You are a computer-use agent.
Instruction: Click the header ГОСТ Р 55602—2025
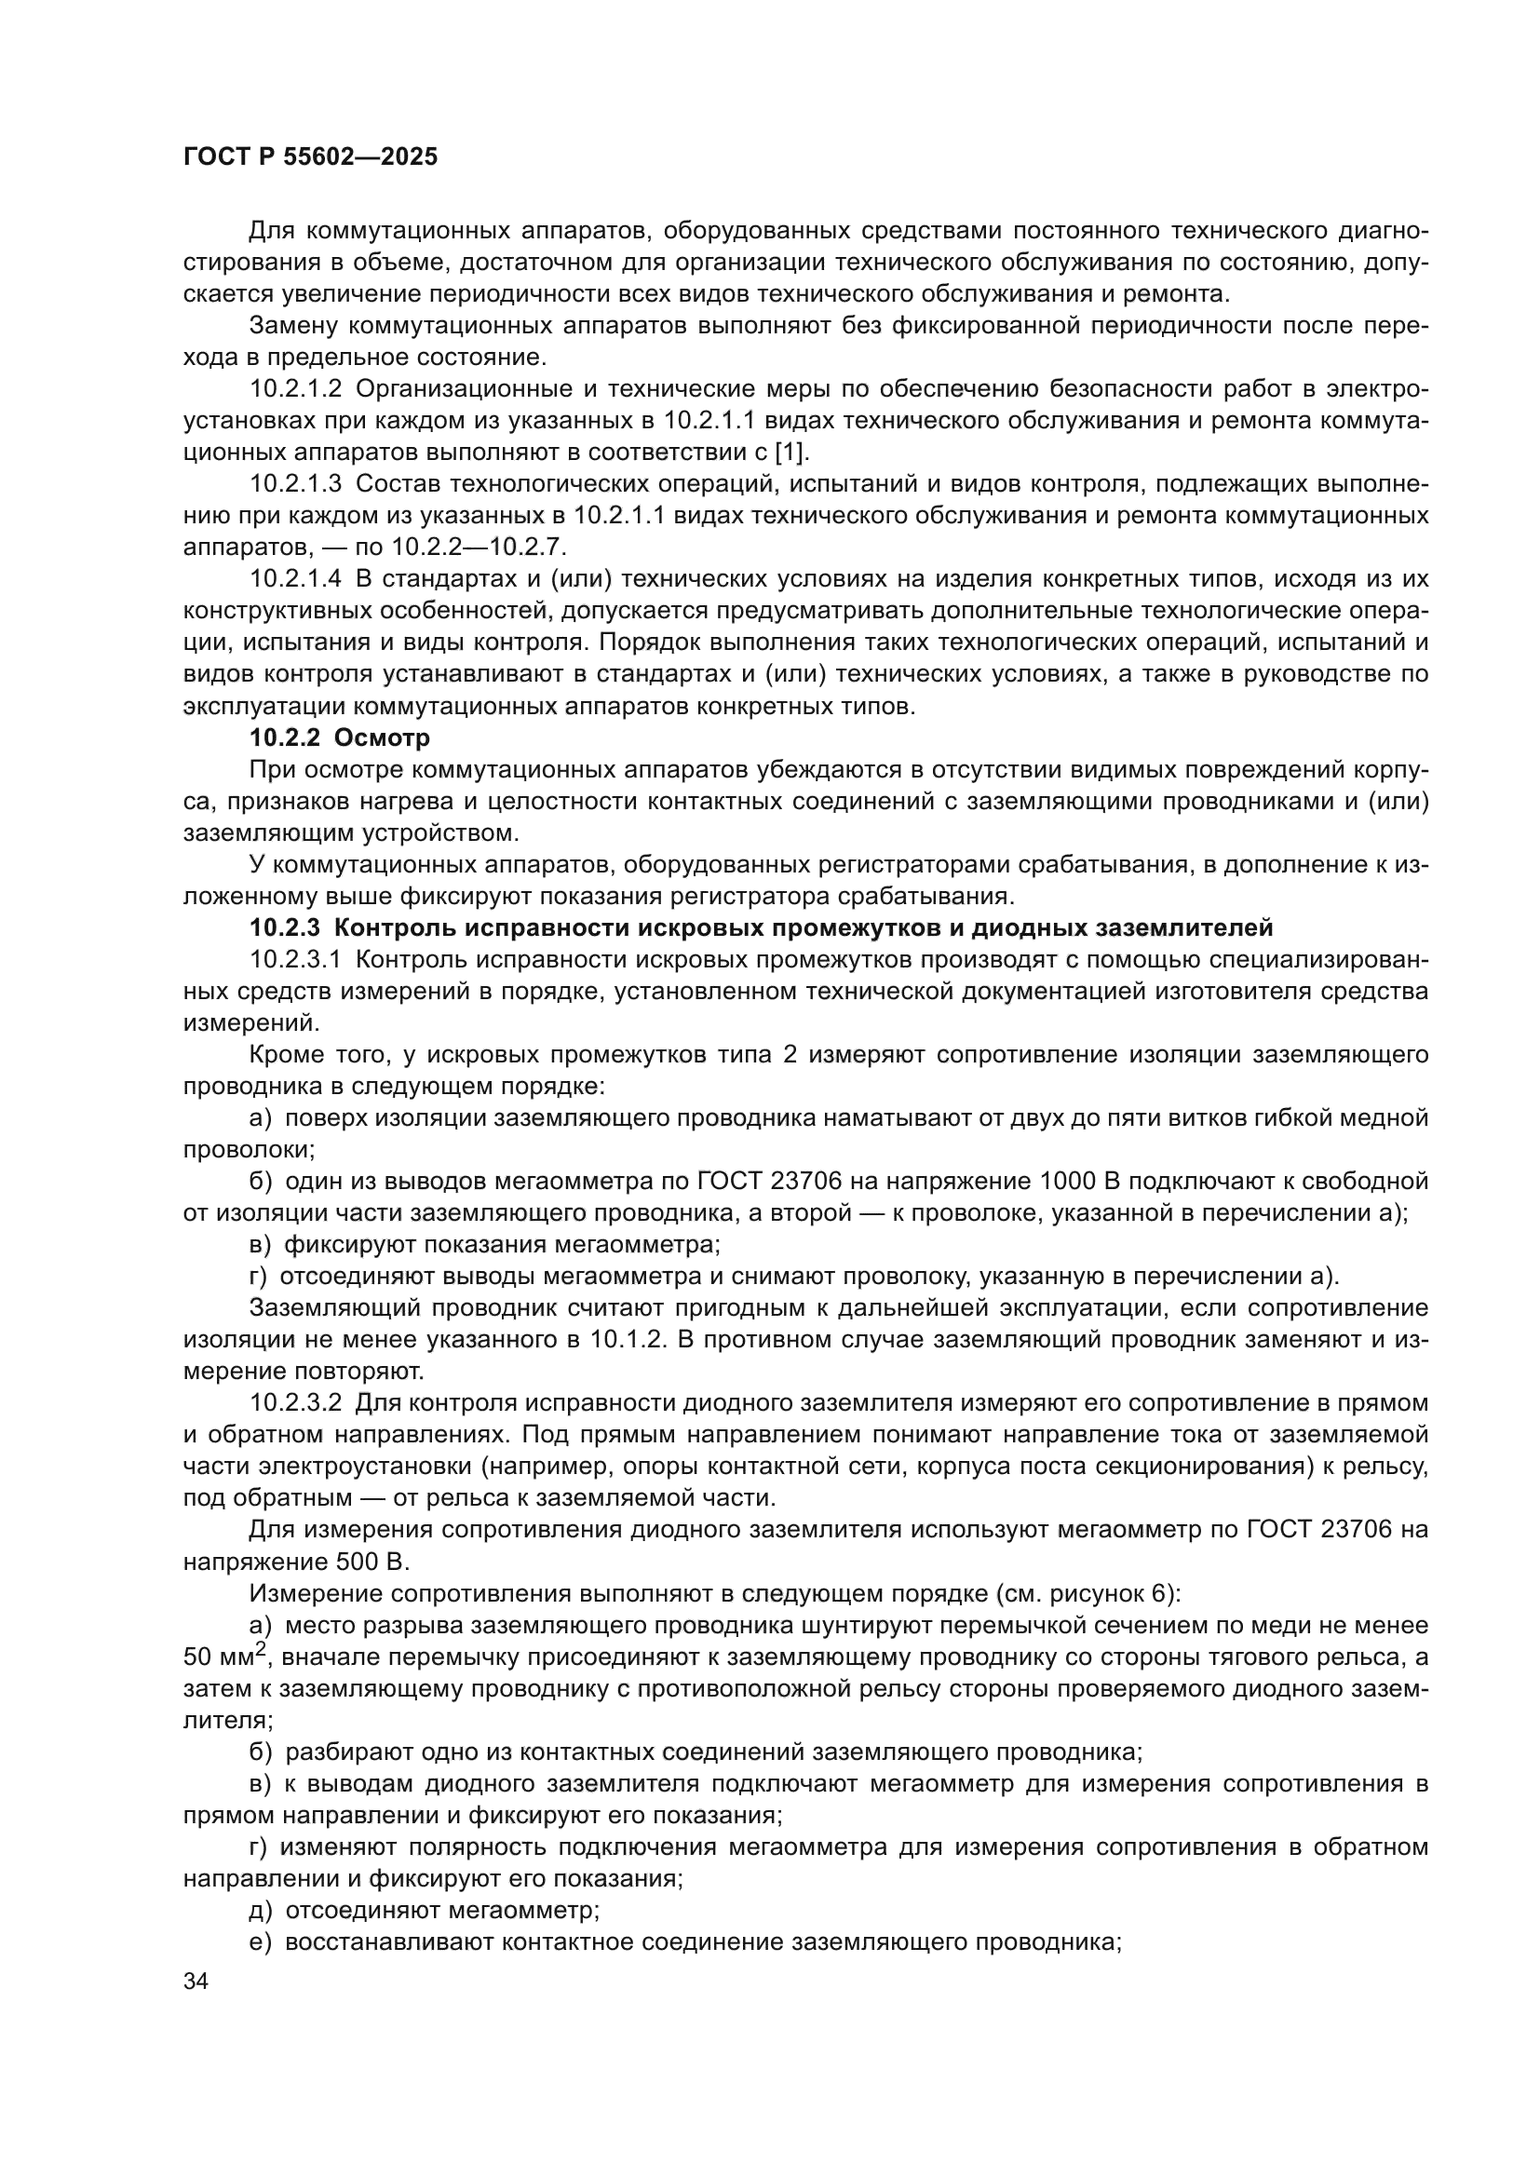click(310, 157)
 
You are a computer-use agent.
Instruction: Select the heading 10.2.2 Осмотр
click(340, 738)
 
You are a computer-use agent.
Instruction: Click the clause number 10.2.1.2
click(295, 389)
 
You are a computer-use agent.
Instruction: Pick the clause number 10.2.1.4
click(295, 579)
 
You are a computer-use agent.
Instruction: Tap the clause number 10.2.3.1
click(295, 959)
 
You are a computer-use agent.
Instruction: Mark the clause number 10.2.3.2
click(295, 1403)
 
